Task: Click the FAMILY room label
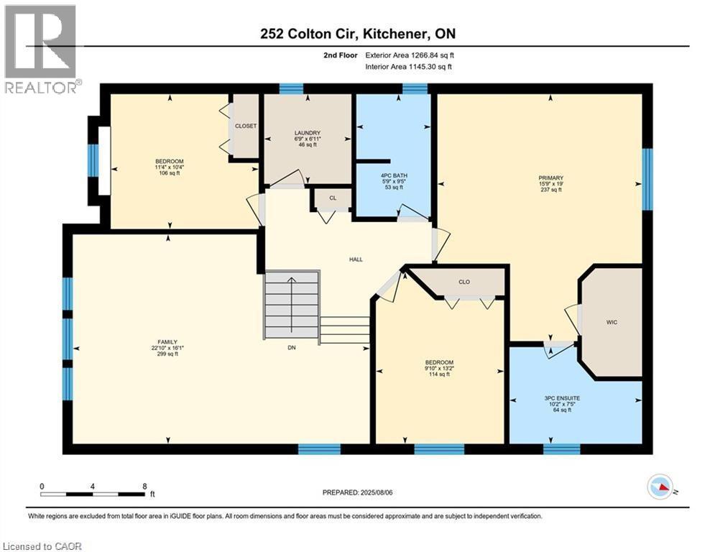pyautogui.click(x=167, y=342)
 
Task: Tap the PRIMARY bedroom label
pyautogui.click(x=551, y=178)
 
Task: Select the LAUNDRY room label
pyautogui.click(x=307, y=133)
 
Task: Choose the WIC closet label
pyautogui.click(x=612, y=322)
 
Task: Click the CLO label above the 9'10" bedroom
pyautogui.click(x=464, y=282)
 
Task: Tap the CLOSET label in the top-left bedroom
pyautogui.click(x=246, y=126)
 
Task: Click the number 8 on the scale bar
pyautogui.click(x=145, y=486)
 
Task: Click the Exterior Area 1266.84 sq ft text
pyautogui.click(x=410, y=55)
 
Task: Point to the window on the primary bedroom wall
pyautogui.click(x=647, y=179)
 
